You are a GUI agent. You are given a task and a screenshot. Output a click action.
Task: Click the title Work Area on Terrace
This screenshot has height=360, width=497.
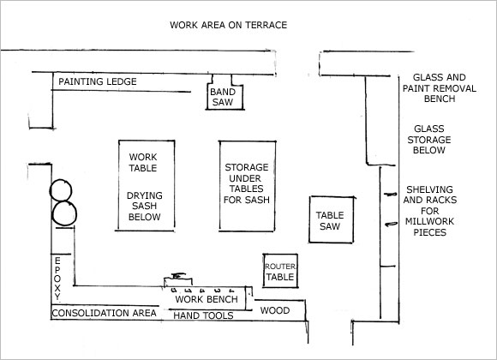click(228, 25)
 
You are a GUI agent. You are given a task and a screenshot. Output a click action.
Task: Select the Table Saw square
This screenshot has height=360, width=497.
click(332, 219)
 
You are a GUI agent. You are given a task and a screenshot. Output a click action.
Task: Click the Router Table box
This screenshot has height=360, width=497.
click(280, 271)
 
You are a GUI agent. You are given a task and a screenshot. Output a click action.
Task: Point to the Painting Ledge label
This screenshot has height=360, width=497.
click(98, 81)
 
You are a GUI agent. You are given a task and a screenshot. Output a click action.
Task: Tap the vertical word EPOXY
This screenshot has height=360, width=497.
click(57, 279)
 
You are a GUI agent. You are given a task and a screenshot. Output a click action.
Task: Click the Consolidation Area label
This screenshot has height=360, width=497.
click(104, 313)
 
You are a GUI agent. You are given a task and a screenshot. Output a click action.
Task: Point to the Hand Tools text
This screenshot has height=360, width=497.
click(203, 315)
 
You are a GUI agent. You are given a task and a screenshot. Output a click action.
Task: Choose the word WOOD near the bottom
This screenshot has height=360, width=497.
click(275, 310)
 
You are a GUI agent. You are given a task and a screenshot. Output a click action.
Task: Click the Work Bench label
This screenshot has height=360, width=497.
click(207, 299)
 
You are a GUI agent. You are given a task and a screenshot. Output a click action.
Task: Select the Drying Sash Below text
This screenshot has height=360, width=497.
click(145, 207)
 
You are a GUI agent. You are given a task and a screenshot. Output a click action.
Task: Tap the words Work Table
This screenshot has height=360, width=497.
click(143, 162)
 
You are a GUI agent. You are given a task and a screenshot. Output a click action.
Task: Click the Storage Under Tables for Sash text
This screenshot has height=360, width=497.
click(247, 183)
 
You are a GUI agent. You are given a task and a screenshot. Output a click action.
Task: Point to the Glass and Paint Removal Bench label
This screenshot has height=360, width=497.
click(440, 88)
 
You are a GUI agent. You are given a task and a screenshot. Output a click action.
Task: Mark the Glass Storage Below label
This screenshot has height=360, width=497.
click(429, 140)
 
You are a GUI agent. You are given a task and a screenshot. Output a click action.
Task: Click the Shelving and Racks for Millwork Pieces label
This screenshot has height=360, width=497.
click(430, 211)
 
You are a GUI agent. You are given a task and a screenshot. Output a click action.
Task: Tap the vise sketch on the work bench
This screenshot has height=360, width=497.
click(178, 280)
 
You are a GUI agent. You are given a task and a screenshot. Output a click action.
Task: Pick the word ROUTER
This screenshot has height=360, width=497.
click(280, 267)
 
